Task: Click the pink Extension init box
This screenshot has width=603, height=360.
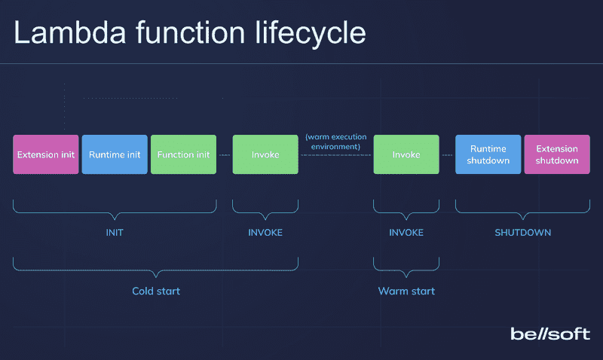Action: pyautogui.click(x=45, y=154)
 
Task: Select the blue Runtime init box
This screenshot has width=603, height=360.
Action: pyautogui.click(x=115, y=154)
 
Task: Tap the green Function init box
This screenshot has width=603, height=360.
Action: pyautogui.click(x=183, y=154)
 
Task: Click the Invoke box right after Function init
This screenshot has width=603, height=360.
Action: pyautogui.click(x=265, y=154)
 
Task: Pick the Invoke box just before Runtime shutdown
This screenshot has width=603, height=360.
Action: pyautogui.click(x=406, y=154)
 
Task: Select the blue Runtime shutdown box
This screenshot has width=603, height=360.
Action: pyautogui.click(x=488, y=154)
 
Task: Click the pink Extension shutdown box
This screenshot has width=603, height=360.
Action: pyautogui.click(x=557, y=154)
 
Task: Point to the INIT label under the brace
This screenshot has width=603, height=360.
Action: pyautogui.click(x=115, y=233)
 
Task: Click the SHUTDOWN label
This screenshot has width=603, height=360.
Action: pyautogui.click(x=522, y=233)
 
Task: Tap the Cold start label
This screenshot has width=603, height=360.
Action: pyautogui.click(x=156, y=291)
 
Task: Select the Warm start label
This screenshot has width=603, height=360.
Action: pyautogui.click(x=406, y=291)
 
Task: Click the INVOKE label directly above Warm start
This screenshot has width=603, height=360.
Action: pyautogui.click(x=406, y=233)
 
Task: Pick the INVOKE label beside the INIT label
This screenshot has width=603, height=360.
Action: pyautogui.click(x=265, y=233)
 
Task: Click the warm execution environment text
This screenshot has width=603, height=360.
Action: pyautogui.click(x=335, y=142)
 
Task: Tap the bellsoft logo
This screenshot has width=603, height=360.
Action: pyautogui.click(x=550, y=334)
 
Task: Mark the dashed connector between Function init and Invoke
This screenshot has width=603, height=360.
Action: pyautogui.click(x=225, y=154)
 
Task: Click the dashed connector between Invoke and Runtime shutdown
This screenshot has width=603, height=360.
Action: pyautogui.click(x=447, y=154)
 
